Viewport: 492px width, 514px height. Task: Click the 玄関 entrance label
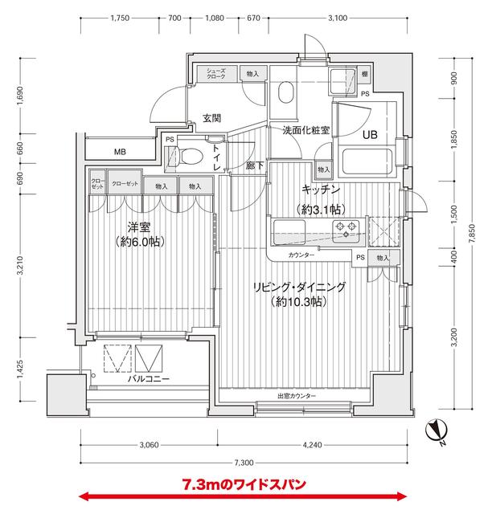(212, 118)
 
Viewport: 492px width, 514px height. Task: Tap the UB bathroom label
(370, 134)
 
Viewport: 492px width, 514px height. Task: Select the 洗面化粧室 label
(305, 130)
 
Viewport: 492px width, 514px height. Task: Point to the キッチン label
(321, 190)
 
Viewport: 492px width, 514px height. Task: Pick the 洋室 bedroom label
(140, 226)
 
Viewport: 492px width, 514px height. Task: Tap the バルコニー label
(149, 378)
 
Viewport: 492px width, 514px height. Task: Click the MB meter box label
(119, 152)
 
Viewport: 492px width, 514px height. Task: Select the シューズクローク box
(217, 74)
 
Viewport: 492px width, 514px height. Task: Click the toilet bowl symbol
(189, 157)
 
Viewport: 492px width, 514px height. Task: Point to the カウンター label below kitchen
(301, 256)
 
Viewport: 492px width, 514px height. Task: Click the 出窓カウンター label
(297, 398)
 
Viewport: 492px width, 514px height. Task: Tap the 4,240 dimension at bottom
(314, 445)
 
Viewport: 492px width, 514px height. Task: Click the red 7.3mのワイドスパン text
(244, 485)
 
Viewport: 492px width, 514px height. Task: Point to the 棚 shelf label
(364, 74)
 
